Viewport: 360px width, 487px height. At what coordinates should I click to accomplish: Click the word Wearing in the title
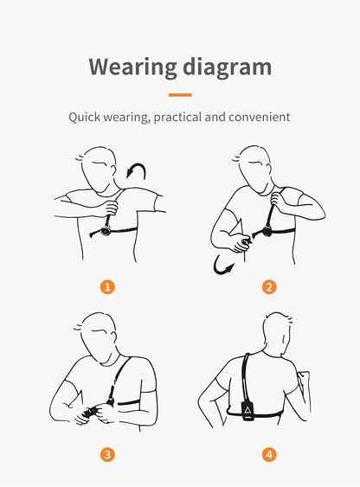[132, 67]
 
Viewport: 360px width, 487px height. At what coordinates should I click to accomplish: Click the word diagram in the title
[228, 67]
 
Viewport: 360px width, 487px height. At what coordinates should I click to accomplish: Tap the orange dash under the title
[180, 95]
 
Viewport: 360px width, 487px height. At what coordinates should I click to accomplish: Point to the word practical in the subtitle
[177, 118]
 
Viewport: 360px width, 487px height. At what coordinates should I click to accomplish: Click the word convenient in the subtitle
[260, 117]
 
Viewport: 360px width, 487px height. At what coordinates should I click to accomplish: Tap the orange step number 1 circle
[107, 286]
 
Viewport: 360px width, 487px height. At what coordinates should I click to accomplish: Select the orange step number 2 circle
[269, 286]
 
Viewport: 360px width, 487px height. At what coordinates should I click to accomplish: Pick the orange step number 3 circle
[107, 455]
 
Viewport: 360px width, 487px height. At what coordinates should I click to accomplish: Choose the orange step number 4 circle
[269, 455]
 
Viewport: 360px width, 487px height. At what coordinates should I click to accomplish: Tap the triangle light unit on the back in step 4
[247, 411]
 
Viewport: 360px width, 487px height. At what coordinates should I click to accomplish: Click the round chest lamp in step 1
[106, 231]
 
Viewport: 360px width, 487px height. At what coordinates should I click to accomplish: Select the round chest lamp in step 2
[267, 231]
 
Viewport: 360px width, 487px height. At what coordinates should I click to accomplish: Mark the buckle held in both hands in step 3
[91, 412]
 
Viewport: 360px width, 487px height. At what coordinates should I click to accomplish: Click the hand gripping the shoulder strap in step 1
[110, 208]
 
